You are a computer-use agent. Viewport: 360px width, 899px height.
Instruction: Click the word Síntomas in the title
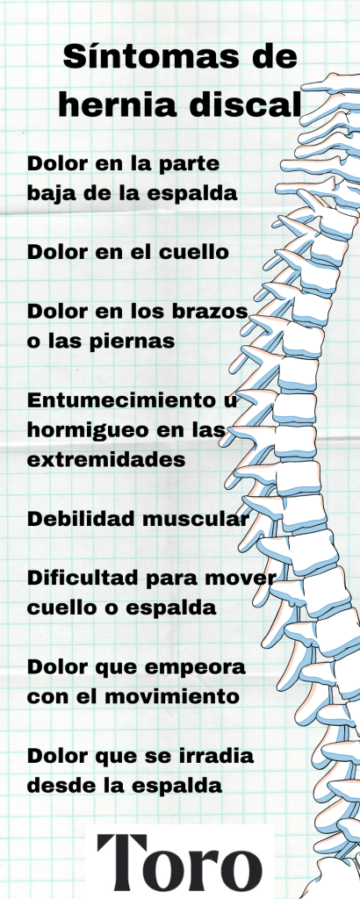click(x=151, y=59)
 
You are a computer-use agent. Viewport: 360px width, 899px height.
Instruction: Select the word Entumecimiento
click(x=117, y=400)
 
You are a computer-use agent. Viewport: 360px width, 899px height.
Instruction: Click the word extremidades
click(x=106, y=460)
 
